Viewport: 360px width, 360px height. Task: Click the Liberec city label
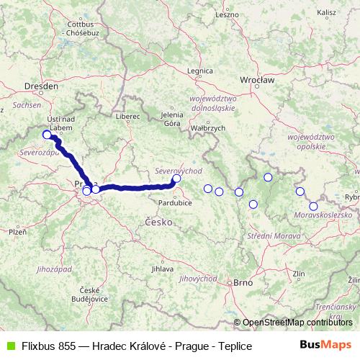[127, 115]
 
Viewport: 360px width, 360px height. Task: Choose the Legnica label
[199, 71]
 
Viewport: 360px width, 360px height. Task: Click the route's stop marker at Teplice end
[48, 135]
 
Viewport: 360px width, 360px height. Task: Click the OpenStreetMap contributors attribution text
[298, 323]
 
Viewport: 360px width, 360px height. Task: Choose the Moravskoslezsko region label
[323, 215]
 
